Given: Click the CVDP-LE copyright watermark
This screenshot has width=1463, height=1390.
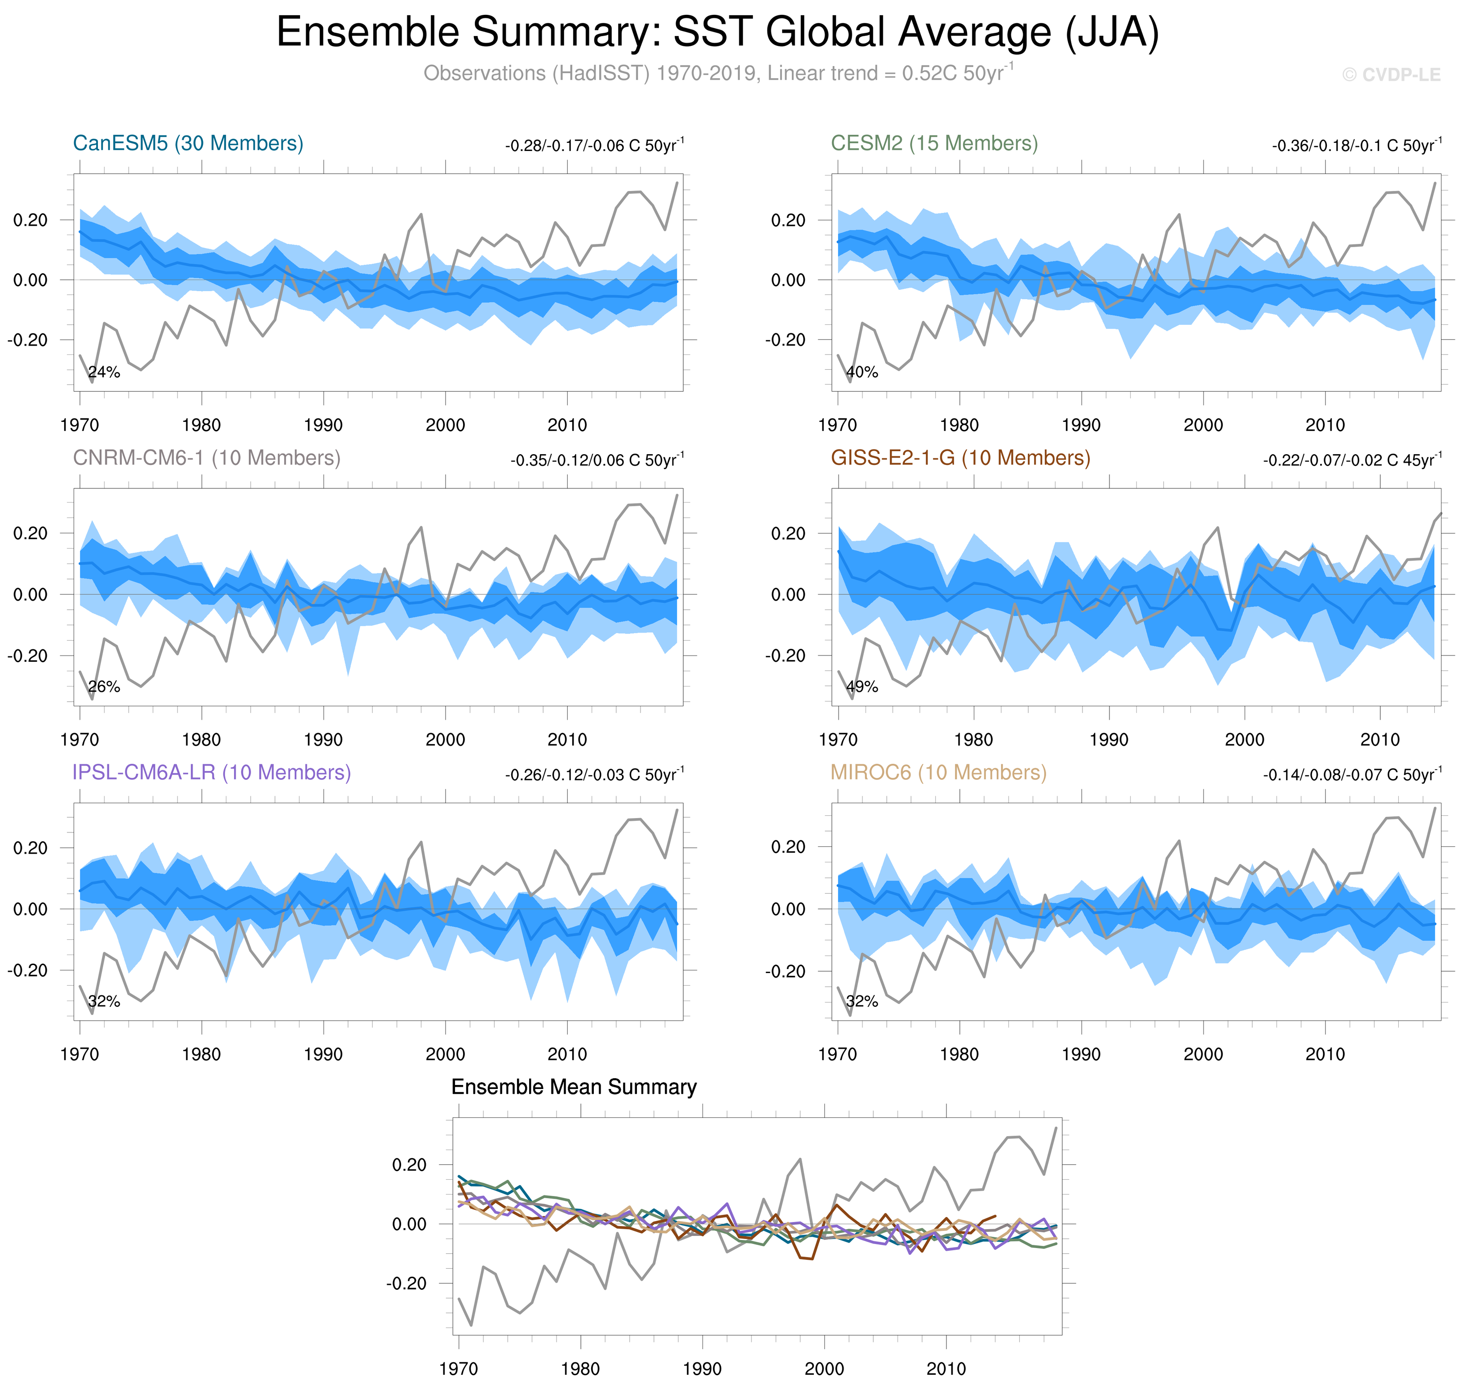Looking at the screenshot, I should [1391, 75].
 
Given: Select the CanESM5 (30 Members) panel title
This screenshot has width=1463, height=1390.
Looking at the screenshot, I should [188, 143].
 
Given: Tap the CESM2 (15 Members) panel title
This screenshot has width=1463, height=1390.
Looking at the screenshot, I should [934, 143].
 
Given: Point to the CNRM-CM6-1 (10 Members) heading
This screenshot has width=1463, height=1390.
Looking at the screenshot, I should [207, 458].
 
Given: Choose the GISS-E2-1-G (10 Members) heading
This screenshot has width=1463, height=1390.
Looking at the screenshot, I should [960, 458].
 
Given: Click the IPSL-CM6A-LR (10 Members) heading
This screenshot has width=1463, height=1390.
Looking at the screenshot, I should [211, 772].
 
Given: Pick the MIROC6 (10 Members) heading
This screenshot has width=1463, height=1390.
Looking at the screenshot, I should [938, 772].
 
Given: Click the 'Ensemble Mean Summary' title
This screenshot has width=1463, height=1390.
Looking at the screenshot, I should [574, 1087].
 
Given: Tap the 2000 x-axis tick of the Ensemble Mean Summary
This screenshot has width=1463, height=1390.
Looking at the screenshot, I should [824, 1368].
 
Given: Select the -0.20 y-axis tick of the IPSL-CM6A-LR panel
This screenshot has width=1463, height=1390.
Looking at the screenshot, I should [27, 971].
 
